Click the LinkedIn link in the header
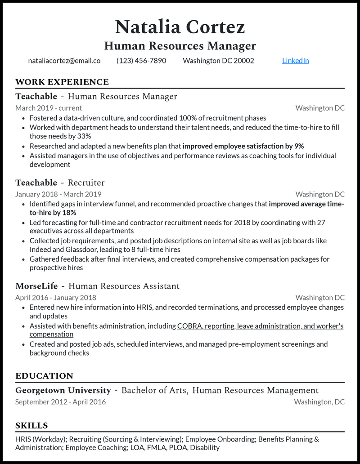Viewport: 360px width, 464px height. pos(295,61)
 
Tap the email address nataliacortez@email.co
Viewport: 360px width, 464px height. pos(64,61)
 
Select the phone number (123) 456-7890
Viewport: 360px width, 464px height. pos(141,61)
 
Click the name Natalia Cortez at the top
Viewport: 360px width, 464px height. pos(180,27)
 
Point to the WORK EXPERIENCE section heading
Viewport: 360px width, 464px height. pos(62,82)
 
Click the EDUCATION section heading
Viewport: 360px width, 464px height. pos(44,376)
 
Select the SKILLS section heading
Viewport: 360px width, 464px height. pos(31,425)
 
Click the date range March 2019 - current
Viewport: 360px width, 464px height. pos(49,108)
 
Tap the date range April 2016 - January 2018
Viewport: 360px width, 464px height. pos(55,298)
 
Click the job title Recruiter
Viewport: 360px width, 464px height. pos(86,183)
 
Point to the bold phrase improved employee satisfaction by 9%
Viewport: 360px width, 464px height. pos(243,146)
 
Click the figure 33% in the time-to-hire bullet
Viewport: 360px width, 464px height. pos(84,136)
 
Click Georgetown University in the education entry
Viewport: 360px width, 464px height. pos(63,390)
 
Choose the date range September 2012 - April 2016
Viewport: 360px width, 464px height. pos(60,402)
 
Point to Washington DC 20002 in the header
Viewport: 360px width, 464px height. pos(218,61)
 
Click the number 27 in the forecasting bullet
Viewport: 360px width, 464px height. pos(321,223)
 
